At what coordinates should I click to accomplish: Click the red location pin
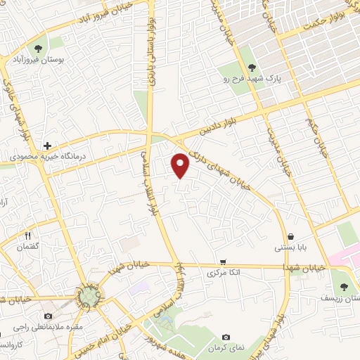[181, 165]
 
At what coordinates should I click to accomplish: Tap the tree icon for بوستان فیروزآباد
[37, 48]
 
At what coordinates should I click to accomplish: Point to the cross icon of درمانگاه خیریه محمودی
[46, 146]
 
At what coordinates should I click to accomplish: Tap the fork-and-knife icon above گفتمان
[28, 236]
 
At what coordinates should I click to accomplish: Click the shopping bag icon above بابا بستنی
[290, 237]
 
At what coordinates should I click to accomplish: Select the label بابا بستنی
[290, 248]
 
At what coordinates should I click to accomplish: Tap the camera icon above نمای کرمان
[226, 337]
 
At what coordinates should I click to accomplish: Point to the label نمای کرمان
[226, 349]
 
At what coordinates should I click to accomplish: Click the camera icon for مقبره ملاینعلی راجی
[48, 316]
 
